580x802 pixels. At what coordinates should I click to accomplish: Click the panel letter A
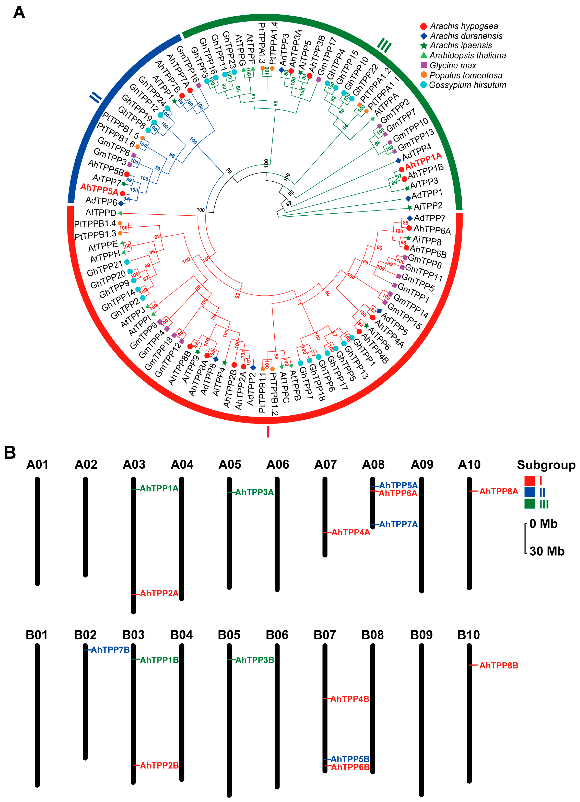click(x=19, y=13)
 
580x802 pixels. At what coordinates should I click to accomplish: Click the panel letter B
click(x=10, y=453)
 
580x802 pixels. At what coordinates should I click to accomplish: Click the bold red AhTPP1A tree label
click(x=423, y=161)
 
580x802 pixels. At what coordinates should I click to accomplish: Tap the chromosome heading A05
click(x=230, y=464)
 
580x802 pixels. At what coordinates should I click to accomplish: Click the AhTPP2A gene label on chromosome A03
click(x=159, y=593)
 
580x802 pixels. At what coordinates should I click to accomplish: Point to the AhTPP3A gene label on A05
click(x=254, y=492)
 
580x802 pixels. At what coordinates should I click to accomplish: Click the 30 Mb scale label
click(x=547, y=551)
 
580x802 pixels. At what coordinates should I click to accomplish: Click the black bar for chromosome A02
click(x=85, y=527)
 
